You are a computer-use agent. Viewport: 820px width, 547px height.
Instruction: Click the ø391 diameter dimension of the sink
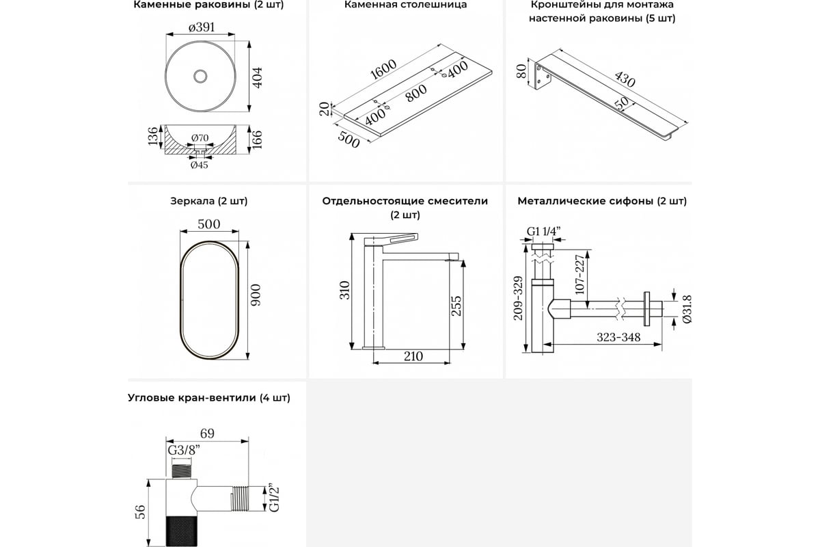pos(202,27)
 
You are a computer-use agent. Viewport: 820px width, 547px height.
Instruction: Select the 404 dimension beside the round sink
pos(258,77)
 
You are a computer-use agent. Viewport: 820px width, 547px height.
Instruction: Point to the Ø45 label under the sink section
pos(199,165)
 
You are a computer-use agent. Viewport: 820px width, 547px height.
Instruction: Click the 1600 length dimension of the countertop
pos(383,69)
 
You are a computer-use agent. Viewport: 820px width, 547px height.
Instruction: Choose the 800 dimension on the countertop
pos(416,93)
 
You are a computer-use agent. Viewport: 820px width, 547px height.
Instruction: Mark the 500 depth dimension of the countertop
pos(348,139)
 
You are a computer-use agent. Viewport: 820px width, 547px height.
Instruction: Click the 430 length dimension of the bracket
pos(625,79)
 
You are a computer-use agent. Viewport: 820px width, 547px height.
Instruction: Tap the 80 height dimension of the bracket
pos(521,71)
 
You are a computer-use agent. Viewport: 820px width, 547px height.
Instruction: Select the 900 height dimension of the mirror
pos(255,295)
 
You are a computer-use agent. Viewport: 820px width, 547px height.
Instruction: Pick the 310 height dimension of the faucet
pos(344,290)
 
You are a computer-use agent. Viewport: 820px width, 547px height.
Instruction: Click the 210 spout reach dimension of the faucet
pos(413,356)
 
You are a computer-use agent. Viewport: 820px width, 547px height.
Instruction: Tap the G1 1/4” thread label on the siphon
pos(544,232)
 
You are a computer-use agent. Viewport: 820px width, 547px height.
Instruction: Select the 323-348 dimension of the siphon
pos(618,337)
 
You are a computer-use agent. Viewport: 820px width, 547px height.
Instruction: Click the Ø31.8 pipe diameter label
pos(687,309)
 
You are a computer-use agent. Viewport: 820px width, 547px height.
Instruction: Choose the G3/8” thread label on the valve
pos(184,451)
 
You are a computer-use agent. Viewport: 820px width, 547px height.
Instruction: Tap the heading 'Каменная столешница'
pos(406,5)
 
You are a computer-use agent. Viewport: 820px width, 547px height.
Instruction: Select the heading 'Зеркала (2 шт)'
pos(208,201)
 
